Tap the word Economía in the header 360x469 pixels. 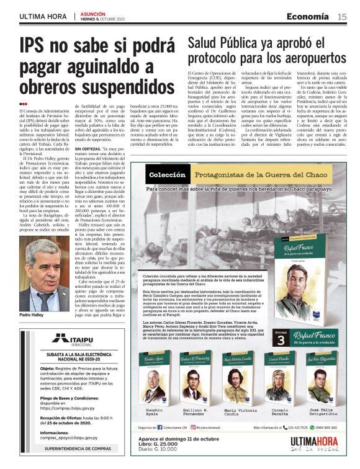click(308, 17)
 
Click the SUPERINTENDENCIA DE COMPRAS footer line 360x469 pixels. click(70, 447)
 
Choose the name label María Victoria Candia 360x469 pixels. click(239, 413)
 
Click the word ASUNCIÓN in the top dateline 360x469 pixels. click(91, 13)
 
